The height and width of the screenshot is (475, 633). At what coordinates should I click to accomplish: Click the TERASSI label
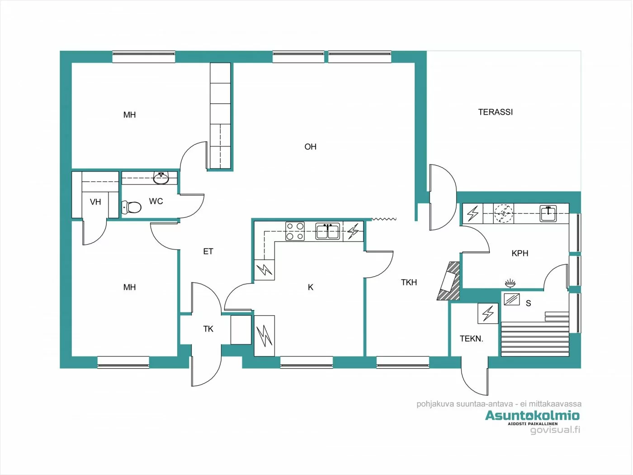495,112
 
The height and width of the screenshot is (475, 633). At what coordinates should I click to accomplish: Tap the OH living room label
310,147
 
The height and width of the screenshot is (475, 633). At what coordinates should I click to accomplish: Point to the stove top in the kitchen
294,231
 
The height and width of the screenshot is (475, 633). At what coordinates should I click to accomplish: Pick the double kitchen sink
328,231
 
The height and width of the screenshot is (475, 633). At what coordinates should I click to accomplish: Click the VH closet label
95,202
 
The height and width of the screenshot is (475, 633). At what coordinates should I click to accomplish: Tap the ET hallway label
208,251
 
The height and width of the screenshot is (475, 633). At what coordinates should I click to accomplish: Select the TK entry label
208,329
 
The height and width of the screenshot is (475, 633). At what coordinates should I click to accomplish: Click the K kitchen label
311,287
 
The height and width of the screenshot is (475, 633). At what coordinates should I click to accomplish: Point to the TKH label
409,282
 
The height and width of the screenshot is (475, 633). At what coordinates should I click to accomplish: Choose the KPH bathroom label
520,253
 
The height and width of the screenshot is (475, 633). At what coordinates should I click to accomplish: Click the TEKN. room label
471,338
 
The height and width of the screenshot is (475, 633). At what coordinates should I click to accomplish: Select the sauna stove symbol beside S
512,299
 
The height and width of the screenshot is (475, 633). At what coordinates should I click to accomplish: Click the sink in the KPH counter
548,213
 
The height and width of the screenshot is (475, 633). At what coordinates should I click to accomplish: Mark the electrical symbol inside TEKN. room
488,312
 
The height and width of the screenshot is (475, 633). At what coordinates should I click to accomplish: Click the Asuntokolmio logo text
532,415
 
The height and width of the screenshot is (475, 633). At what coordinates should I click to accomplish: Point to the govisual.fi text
555,430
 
